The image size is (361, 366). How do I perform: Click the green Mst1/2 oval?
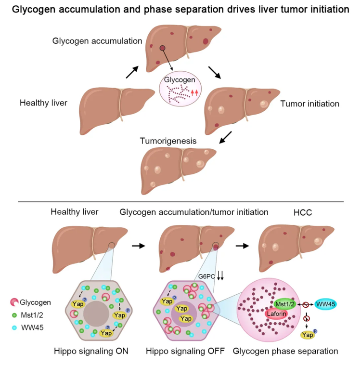pyautogui.click(x=284, y=304)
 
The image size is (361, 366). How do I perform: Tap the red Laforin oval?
pyautogui.click(x=276, y=314)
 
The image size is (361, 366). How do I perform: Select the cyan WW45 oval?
pyautogui.click(x=325, y=304)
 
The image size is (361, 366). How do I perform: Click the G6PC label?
pyautogui.click(x=206, y=276)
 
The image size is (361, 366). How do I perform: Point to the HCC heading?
pyautogui.click(x=303, y=212)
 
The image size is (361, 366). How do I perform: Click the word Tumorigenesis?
pyautogui.click(x=168, y=141)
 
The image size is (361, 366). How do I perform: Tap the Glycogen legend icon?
pyautogui.click(x=14, y=302)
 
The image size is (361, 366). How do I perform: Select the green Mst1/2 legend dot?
pyautogui.click(x=14, y=315)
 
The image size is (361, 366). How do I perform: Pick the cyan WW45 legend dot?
pyautogui.click(x=14, y=328)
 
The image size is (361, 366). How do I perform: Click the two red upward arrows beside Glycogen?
pyautogui.click(x=194, y=92)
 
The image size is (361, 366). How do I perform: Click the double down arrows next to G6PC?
pyautogui.click(x=220, y=275)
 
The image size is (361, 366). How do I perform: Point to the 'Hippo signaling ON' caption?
pyautogui.click(x=91, y=351)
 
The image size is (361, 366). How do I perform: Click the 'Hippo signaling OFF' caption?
pyautogui.click(x=185, y=351)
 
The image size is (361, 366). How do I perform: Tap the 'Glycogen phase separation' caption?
pyautogui.click(x=285, y=351)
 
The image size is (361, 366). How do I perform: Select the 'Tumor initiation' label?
pyautogui.click(x=309, y=104)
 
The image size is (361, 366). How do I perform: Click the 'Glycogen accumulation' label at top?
pyautogui.click(x=97, y=41)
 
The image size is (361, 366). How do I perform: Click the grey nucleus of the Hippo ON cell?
pyautogui.click(x=96, y=314)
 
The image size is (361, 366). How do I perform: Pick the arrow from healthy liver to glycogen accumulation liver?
pyautogui.click(x=132, y=72)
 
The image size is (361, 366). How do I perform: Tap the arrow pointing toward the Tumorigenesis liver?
pyautogui.click(x=225, y=137)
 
